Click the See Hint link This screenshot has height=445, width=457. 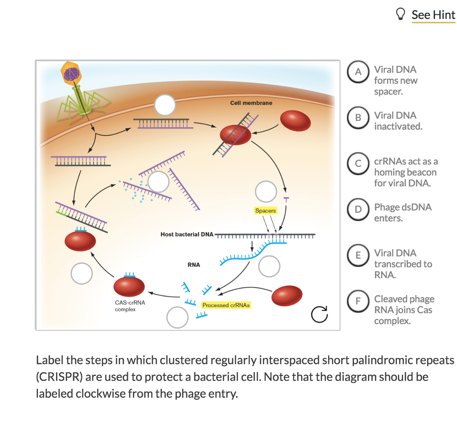433,15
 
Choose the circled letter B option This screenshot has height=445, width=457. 357,118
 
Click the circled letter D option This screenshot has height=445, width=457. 357,210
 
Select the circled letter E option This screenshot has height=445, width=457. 357,255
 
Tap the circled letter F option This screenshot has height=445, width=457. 357,301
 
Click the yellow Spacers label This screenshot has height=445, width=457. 266,210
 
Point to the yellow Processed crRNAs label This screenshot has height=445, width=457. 226,305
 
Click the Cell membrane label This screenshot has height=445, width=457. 251,103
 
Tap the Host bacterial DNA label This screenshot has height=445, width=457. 187,234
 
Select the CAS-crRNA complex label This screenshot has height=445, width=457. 130,306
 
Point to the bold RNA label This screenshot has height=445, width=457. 194,265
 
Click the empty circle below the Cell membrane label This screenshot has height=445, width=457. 165,106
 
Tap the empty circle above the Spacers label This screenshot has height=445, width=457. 266,191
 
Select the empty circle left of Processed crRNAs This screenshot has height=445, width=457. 177,317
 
